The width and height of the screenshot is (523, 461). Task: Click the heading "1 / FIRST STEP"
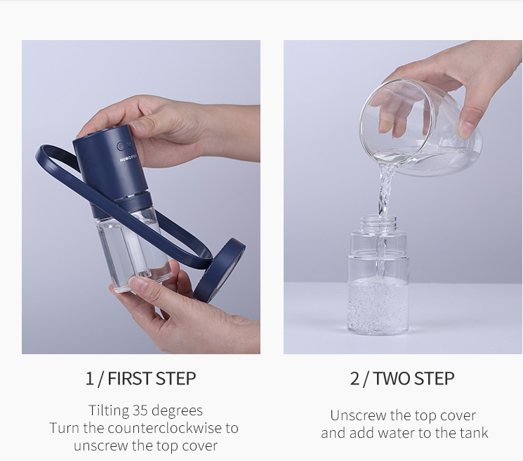(140, 378)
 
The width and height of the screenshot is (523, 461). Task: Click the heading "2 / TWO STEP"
(402, 378)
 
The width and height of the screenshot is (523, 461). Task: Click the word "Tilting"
(109, 410)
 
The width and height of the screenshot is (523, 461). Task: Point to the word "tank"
(472, 433)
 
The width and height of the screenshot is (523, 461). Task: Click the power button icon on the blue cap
(121, 147)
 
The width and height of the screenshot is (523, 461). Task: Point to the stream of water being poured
(383, 190)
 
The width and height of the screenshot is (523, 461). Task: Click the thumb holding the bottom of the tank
(139, 285)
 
